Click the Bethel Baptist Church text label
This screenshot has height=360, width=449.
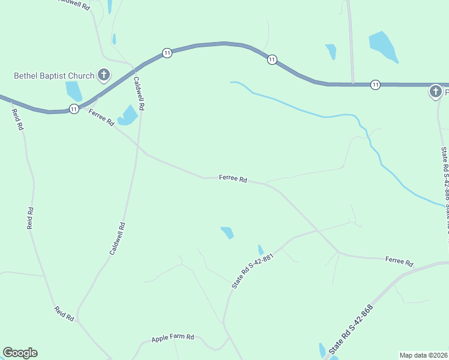coord(54,76)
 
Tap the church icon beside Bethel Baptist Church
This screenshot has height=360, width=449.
coord(104,76)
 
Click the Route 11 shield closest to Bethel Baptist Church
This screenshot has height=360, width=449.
coord(73,109)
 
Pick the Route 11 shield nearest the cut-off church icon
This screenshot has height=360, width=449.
coord(375,84)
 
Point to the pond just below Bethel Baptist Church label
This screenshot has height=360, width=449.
coord(74,91)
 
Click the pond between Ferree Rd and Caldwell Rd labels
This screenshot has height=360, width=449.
coord(128,115)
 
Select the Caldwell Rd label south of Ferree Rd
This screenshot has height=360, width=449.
coord(118,239)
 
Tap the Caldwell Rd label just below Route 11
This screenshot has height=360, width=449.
coord(139,93)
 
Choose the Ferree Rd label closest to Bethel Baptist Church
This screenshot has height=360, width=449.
coord(101,118)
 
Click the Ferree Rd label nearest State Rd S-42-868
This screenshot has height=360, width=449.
coord(399,262)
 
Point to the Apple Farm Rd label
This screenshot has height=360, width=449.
coord(173,338)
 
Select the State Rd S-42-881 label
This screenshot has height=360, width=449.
coord(253,271)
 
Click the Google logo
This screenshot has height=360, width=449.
coord(20,353)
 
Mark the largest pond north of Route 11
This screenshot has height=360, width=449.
coord(382,47)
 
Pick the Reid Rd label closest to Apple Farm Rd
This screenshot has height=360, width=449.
coord(64,314)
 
